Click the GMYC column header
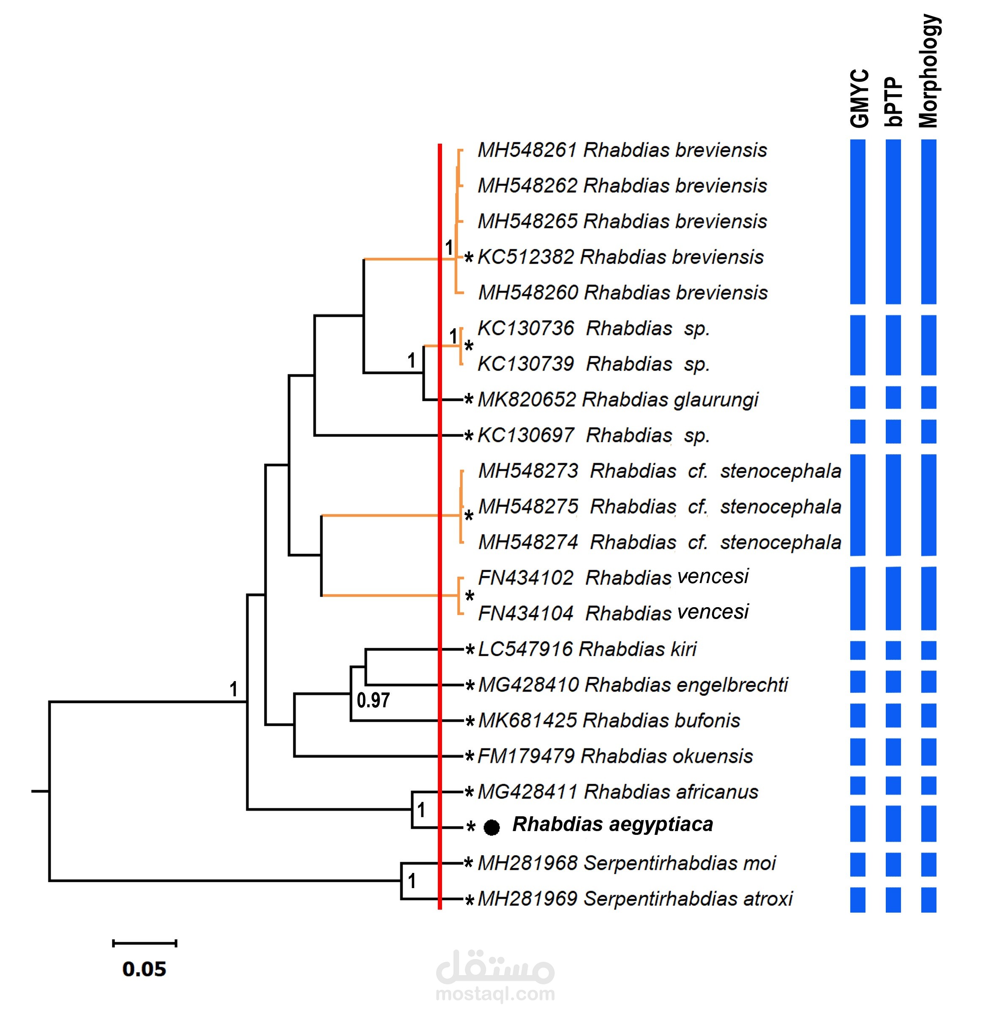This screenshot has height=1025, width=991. tap(859, 98)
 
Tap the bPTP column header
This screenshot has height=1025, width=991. tap(894, 102)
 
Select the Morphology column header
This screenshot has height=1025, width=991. tap(929, 71)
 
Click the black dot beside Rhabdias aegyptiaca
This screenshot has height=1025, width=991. tap(491, 827)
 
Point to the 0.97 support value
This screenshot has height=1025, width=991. tap(373, 700)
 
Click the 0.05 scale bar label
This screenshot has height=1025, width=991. tap(145, 969)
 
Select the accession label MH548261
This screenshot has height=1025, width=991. tap(527, 150)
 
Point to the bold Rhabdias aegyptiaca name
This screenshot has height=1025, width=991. tap(612, 825)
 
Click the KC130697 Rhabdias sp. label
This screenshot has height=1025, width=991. tap(594, 436)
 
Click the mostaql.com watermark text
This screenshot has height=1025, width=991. tap(495, 994)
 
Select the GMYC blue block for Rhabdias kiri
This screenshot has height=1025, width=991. tap(857, 650)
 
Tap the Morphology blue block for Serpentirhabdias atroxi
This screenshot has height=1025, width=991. tap(929, 900)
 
